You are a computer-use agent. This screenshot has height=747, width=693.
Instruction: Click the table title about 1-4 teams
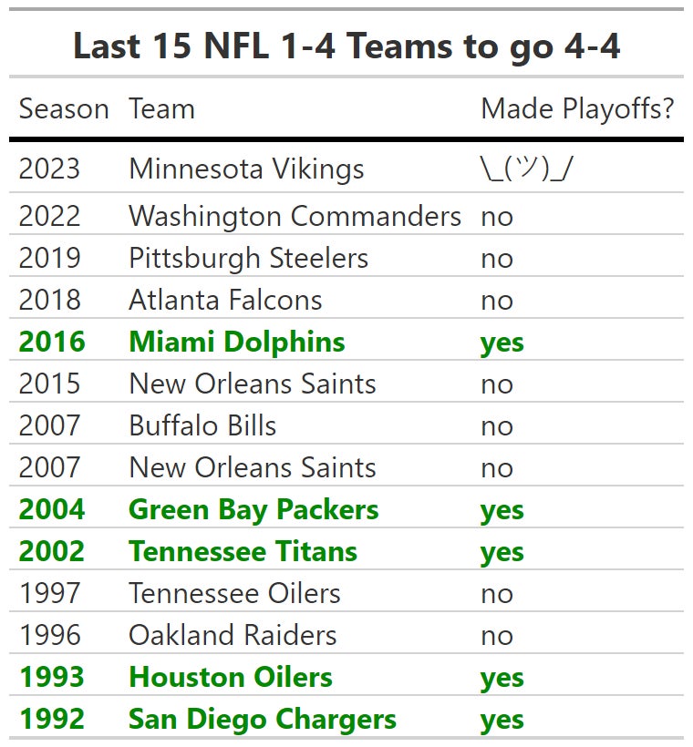point(346,46)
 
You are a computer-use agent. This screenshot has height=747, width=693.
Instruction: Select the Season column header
point(64,109)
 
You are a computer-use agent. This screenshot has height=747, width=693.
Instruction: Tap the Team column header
point(161,109)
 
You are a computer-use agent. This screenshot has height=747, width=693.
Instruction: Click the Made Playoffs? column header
point(577,109)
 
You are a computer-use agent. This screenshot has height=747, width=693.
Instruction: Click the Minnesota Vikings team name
point(246,169)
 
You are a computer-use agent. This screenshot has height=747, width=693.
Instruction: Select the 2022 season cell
point(49,217)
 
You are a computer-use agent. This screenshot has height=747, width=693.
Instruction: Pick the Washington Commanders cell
point(295,217)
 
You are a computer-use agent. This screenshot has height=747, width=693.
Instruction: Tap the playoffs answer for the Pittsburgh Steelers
point(497,259)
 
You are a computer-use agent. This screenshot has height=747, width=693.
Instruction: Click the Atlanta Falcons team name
point(225,301)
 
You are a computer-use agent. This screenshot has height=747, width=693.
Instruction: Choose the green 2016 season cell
point(52,343)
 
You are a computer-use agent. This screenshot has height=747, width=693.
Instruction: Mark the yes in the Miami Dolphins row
point(502,343)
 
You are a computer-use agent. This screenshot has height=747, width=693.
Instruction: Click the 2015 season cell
point(49,384)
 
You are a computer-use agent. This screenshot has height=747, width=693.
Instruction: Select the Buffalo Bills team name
point(202,426)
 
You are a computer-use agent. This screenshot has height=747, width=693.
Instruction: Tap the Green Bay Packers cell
point(253,510)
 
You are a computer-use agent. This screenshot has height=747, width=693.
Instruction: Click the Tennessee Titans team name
point(243,552)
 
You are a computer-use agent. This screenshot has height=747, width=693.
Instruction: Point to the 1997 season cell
point(49,594)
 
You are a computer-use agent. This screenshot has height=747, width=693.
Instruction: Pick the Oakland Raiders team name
point(233,636)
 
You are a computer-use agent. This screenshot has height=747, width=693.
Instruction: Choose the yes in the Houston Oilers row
point(502,678)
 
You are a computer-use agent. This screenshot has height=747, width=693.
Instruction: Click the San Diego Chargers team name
point(263,720)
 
